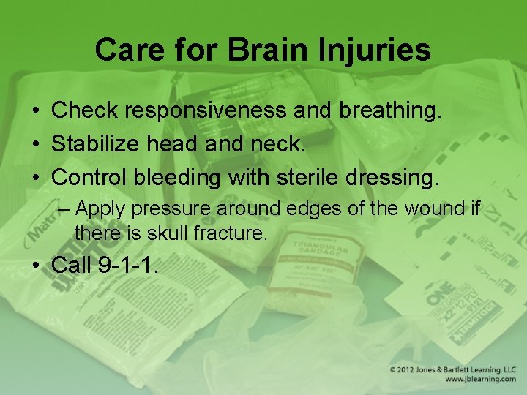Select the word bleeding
[x=187, y=176]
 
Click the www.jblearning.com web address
[x=480, y=380]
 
